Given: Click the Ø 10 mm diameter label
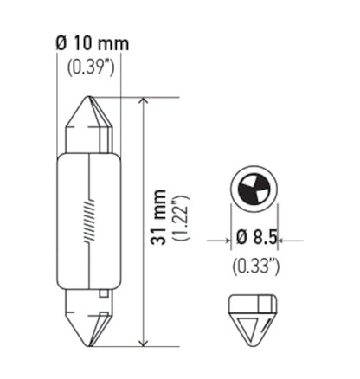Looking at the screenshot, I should pos(87,44).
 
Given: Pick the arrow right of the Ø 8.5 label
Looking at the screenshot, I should pos(287,240).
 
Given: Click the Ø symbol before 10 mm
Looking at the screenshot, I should pos(60,44).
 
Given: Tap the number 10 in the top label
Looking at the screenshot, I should pos(80,44).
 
